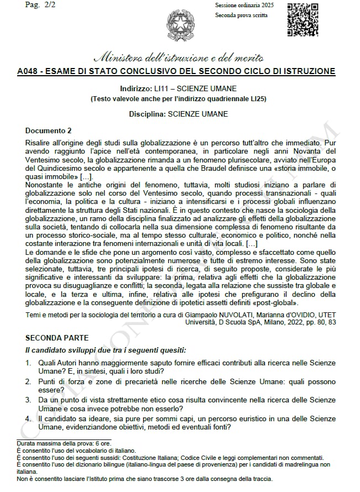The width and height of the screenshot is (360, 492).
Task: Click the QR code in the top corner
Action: (302, 20)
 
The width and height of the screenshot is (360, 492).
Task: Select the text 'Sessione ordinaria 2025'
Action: (244, 5)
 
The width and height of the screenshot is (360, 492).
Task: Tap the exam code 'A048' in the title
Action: (28, 71)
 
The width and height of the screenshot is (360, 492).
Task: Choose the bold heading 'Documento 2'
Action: (49, 131)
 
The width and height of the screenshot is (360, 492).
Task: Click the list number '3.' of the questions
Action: (29, 399)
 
